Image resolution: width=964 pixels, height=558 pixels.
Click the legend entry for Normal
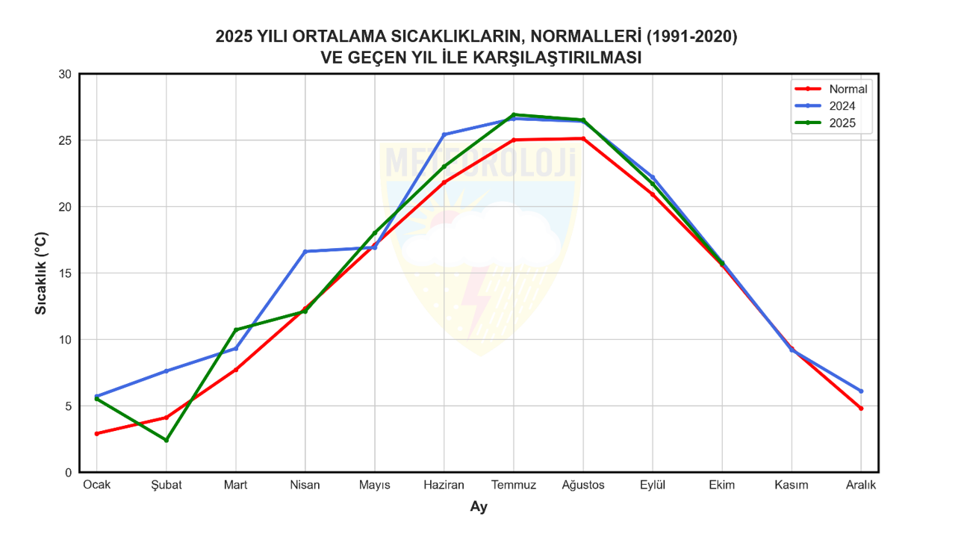(x=848, y=89)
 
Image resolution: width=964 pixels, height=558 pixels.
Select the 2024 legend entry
(x=842, y=106)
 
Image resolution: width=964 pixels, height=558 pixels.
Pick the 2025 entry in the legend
(x=842, y=123)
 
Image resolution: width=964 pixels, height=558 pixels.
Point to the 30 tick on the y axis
(x=65, y=74)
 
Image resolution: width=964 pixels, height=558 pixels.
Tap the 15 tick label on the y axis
(x=65, y=273)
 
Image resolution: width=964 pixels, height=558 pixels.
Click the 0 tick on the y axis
(x=68, y=473)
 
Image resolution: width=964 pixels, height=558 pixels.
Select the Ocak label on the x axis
(x=96, y=485)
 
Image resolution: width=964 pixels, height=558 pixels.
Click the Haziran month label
(x=444, y=485)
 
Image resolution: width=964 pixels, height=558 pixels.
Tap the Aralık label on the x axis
(x=861, y=485)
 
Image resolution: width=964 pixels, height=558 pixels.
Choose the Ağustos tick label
(x=583, y=485)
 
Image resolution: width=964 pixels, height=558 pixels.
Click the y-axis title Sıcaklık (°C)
(x=41, y=273)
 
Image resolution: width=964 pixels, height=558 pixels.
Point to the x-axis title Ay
(x=479, y=507)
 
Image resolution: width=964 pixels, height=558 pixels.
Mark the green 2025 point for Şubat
(x=167, y=440)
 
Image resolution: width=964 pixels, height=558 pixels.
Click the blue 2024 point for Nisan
(x=305, y=252)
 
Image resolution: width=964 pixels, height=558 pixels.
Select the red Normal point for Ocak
(x=97, y=434)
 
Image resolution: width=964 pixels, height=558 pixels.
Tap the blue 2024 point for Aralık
(x=861, y=391)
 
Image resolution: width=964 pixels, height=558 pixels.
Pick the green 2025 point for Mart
(x=236, y=330)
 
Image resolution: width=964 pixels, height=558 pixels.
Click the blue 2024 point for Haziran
(x=444, y=134)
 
